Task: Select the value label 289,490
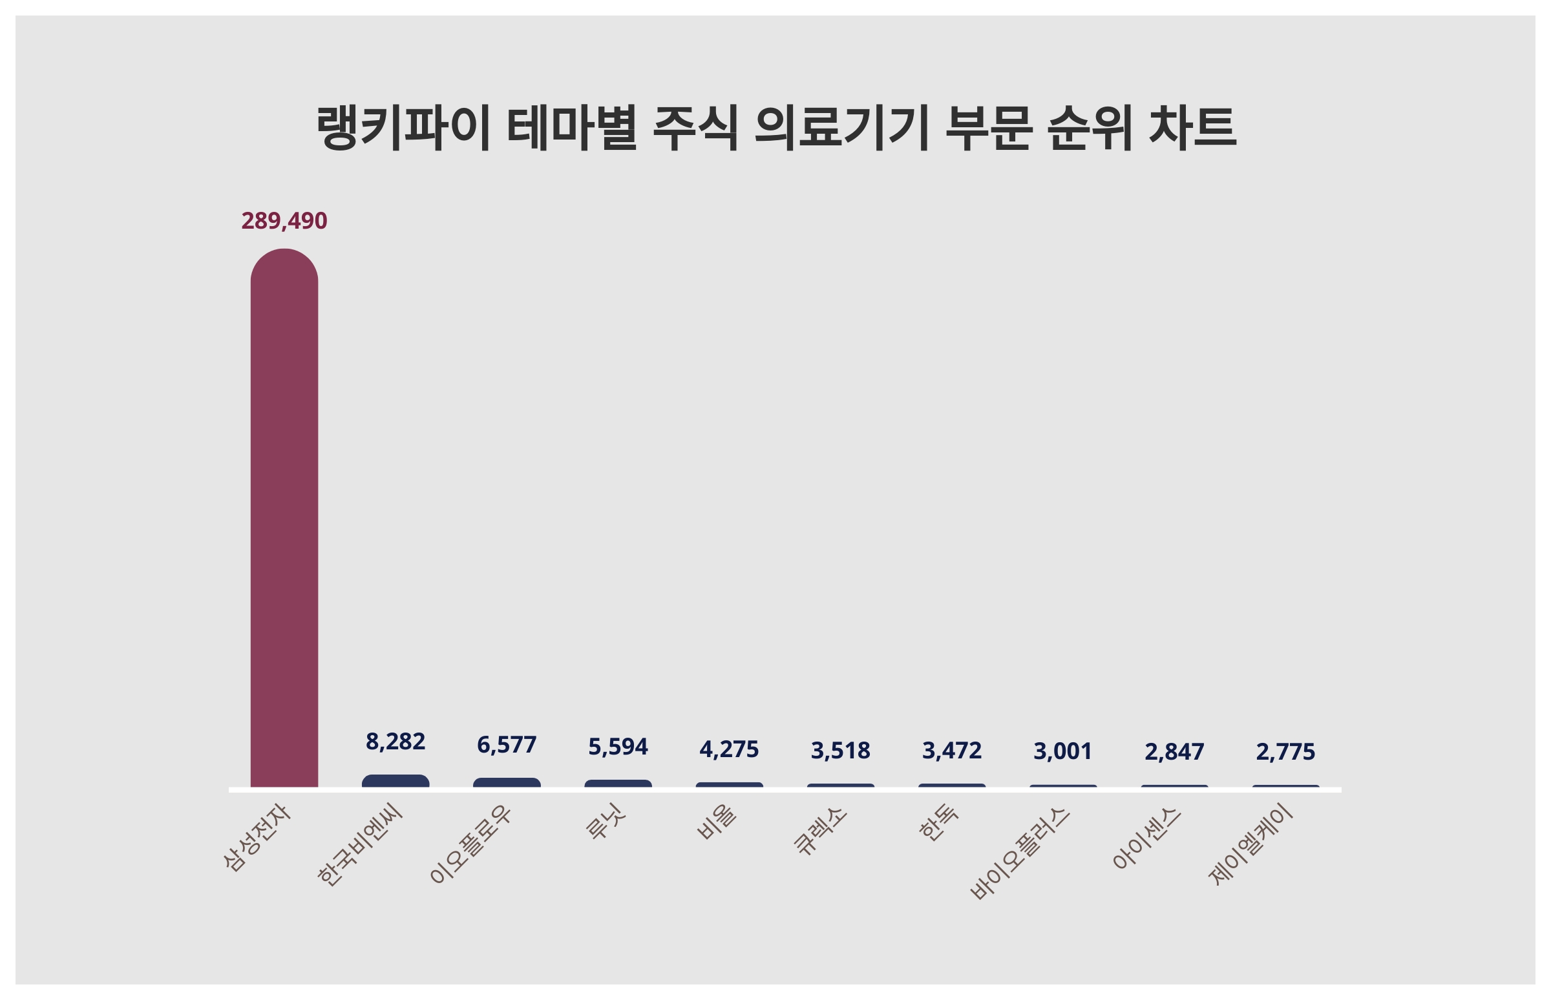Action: click(284, 221)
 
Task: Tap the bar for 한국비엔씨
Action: click(395, 781)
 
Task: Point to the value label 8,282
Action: click(395, 741)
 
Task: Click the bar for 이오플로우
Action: click(507, 782)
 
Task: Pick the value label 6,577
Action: click(507, 745)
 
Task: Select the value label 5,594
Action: click(618, 747)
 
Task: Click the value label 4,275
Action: click(729, 749)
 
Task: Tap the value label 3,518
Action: click(841, 751)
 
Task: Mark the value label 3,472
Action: click(951, 751)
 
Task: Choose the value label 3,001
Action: click(1062, 751)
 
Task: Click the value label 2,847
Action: click(1174, 752)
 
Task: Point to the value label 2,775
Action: click(1285, 752)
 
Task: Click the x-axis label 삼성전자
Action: click(257, 838)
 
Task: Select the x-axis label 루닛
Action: click(606, 822)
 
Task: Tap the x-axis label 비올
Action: click(717, 822)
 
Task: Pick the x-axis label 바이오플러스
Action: click(1019, 853)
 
